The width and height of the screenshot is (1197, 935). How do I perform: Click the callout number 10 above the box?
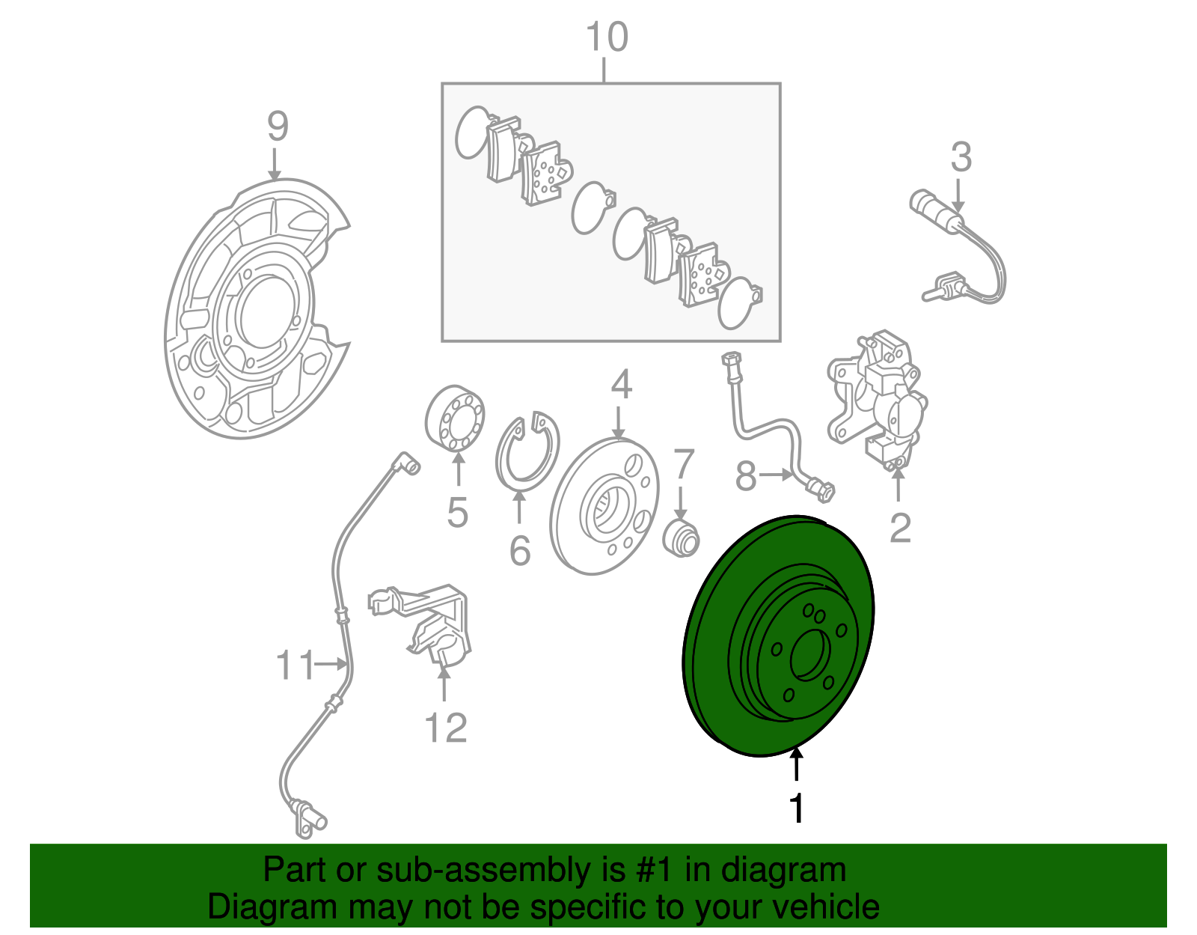click(x=607, y=37)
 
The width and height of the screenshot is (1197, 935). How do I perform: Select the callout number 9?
click(x=277, y=127)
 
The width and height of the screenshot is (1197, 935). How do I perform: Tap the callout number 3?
click(x=961, y=158)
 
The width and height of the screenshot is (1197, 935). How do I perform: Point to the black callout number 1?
click(x=798, y=809)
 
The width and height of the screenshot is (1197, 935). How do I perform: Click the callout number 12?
click(x=446, y=727)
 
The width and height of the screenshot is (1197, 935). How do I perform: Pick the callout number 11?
click(x=296, y=664)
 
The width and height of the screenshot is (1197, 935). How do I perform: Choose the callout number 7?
click(x=684, y=464)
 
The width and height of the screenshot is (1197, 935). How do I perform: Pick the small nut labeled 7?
click(x=682, y=538)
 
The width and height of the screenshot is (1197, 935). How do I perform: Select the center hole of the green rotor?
click(x=809, y=655)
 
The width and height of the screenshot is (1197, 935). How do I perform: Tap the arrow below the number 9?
click(x=275, y=164)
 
